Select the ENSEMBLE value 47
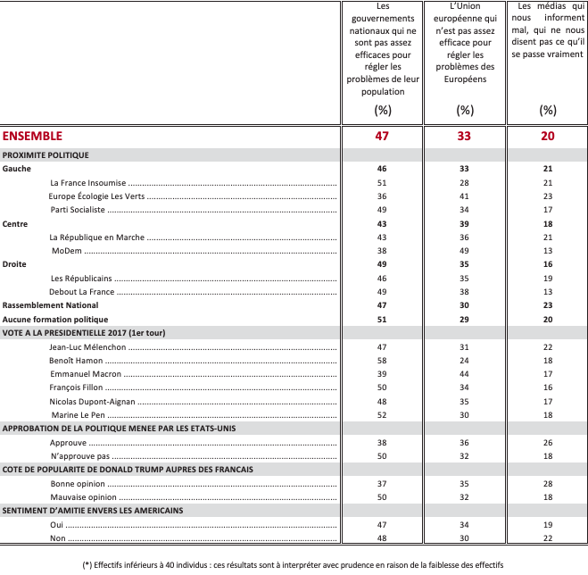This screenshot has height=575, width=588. click(x=382, y=137)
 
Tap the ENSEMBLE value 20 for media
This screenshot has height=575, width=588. click(x=547, y=137)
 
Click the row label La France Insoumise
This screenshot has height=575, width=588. click(x=88, y=182)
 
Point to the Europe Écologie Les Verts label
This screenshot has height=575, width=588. click(x=96, y=196)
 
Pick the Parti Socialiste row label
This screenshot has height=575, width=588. click(x=78, y=210)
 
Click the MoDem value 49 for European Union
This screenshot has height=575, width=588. click(x=464, y=251)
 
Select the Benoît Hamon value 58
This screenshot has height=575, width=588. click(x=382, y=360)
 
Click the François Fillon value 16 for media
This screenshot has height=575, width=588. click(x=547, y=387)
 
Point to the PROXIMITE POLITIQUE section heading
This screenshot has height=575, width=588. click(x=46, y=154)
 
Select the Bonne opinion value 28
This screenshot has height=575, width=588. click(x=547, y=483)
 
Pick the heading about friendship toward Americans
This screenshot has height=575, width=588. click(x=93, y=510)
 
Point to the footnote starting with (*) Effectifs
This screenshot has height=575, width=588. click(x=294, y=564)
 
